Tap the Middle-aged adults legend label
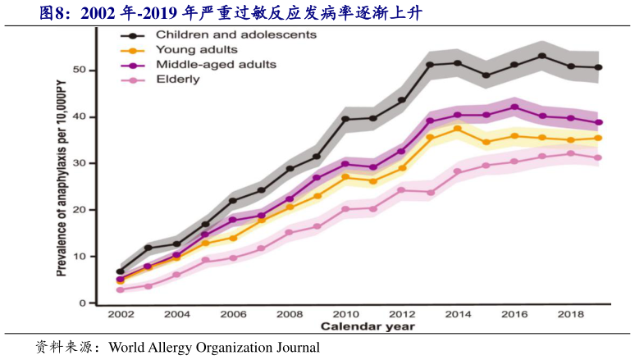(216, 64)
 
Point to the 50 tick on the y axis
(79, 70)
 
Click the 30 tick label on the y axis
(79, 163)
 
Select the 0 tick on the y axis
(82, 303)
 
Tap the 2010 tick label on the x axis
(345, 315)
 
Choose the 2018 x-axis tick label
(571, 315)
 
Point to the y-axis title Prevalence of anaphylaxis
(62, 176)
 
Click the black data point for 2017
(542, 56)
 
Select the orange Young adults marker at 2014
(458, 129)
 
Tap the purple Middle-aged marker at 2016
(514, 107)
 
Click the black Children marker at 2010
(345, 119)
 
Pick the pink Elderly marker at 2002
(120, 289)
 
